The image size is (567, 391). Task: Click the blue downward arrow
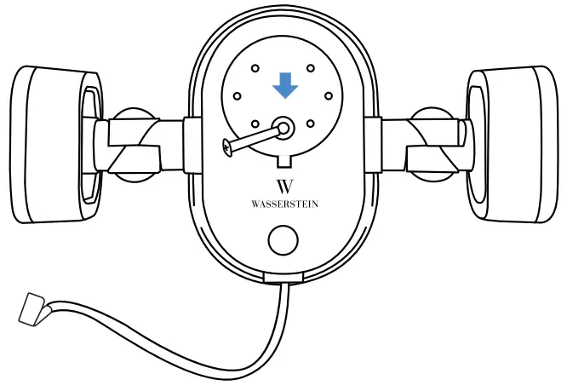click(x=285, y=84)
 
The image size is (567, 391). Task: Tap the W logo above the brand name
click(x=285, y=187)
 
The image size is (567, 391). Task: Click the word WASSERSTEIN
click(x=285, y=204)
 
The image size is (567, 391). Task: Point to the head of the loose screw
click(x=226, y=147)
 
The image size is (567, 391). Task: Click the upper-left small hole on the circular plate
click(x=255, y=68)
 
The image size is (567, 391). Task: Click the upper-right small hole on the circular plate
click(x=311, y=68)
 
